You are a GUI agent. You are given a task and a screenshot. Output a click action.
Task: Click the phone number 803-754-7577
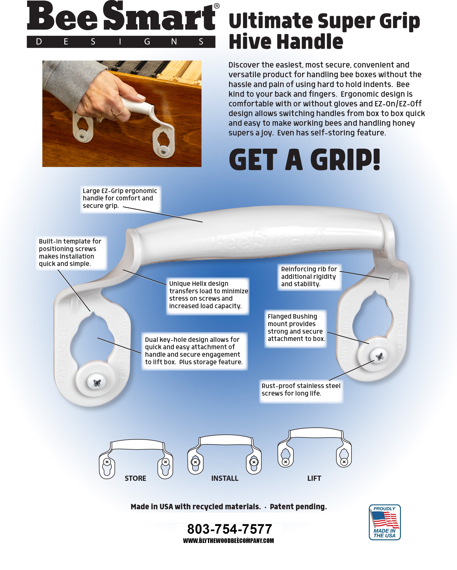click(229, 529)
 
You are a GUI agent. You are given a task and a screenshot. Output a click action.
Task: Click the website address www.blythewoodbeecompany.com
click(228, 541)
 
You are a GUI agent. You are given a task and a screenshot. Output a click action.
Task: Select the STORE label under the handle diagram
click(135, 478)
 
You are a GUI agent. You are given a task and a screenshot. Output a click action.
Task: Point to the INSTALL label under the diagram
click(225, 478)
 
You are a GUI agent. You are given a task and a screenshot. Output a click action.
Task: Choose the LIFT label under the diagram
click(314, 478)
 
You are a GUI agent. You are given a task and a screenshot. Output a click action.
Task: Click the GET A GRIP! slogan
click(304, 160)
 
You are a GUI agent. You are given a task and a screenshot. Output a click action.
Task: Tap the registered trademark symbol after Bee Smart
click(216, 6)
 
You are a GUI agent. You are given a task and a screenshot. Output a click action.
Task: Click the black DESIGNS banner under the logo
click(121, 42)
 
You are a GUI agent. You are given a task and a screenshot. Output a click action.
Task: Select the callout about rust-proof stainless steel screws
click(301, 389)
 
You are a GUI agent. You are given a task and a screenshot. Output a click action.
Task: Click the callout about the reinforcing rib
click(309, 276)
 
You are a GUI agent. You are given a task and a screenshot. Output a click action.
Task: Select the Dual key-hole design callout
click(194, 351)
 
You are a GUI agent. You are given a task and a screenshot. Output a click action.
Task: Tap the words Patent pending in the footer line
click(298, 507)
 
